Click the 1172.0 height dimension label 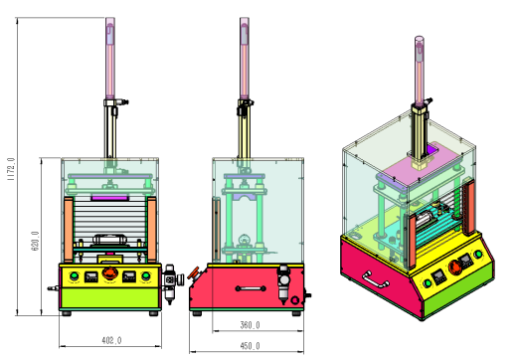[x=11, y=169]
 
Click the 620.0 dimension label [x=36, y=241]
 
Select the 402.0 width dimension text [x=111, y=340]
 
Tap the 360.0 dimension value [x=250, y=325]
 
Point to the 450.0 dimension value [x=250, y=346]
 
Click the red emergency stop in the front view [x=109, y=272]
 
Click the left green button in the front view [x=74, y=276]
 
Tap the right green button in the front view [x=145, y=276]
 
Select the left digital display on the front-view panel [x=91, y=276]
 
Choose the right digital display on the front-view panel [x=129, y=276]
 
